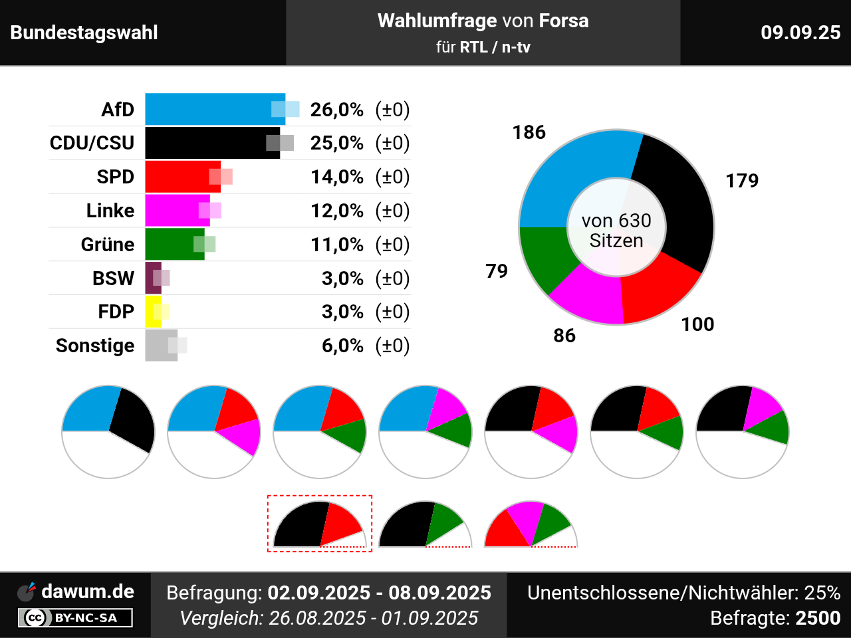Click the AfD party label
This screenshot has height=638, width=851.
tap(118, 110)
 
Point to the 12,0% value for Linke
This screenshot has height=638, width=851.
tap(337, 211)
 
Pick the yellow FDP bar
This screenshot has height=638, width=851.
tap(152, 312)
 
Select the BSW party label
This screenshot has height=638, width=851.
tap(113, 278)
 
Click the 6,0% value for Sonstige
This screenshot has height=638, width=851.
tap(342, 346)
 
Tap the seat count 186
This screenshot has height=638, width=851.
tap(529, 132)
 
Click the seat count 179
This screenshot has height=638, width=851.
tap(742, 181)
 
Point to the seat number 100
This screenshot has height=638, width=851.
tap(697, 324)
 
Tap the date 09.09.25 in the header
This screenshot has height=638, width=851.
tap(800, 33)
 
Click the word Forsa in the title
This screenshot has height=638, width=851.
tap(564, 21)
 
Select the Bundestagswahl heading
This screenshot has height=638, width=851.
tap(84, 33)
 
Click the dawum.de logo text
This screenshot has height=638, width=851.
tap(88, 591)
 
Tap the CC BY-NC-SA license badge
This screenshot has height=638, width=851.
tap(75, 618)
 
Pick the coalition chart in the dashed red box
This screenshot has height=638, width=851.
tap(319, 524)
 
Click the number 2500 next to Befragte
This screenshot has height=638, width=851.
tap(818, 618)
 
